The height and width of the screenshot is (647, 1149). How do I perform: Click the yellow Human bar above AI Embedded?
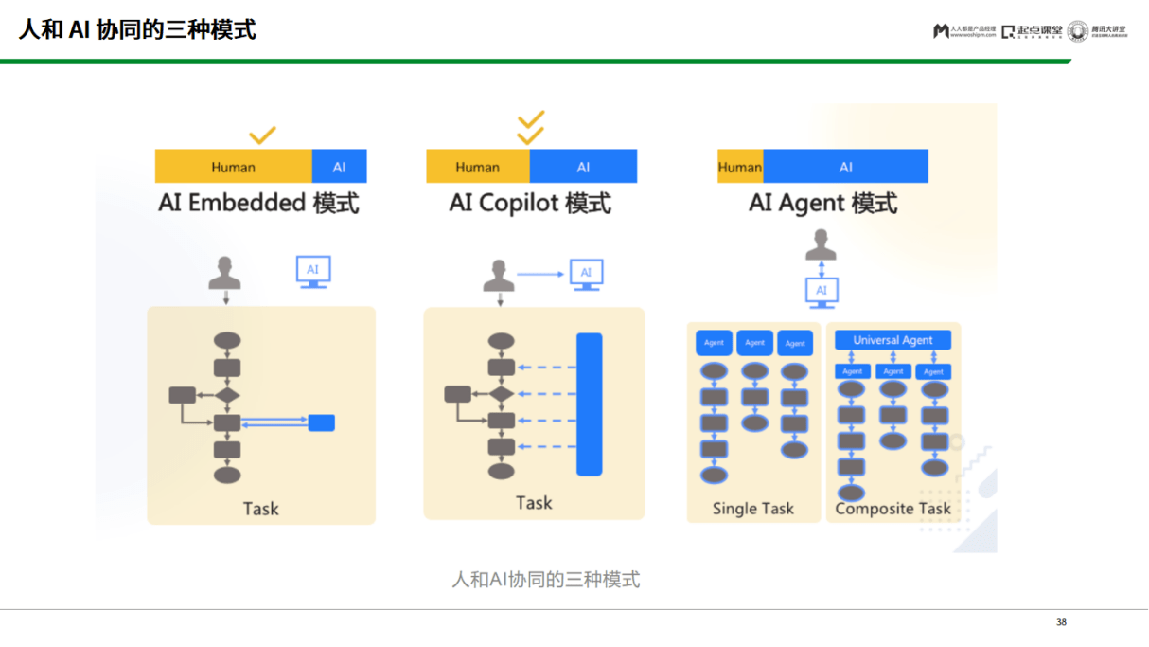[233, 167]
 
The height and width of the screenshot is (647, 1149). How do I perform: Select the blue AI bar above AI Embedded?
[339, 167]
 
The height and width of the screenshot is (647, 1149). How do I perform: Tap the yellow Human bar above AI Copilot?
[477, 167]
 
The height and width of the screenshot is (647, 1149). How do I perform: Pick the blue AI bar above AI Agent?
[845, 167]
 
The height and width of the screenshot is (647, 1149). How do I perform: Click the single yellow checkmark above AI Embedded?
[262, 135]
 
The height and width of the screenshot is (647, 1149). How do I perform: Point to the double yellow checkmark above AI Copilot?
[531, 127]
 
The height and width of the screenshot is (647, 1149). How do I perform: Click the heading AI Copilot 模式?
[530, 203]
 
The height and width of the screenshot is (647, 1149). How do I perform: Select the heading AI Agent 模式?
[822, 203]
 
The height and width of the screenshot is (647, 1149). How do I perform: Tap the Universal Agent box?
[893, 340]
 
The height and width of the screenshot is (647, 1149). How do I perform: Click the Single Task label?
[752, 509]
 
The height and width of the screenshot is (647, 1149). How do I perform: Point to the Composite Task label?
[893, 509]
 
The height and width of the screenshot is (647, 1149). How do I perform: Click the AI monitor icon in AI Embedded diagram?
[313, 271]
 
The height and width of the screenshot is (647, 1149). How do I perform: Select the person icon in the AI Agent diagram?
[821, 245]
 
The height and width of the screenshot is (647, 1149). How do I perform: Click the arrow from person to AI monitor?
[540, 275]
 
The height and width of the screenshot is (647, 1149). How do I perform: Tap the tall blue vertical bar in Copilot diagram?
[589, 404]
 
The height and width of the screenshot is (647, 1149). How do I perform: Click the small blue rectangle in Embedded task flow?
[322, 422]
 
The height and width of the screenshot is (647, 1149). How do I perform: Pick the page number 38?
[1061, 622]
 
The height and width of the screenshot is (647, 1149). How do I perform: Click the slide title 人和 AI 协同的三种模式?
[137, 29]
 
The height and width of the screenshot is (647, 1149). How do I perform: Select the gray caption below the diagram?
[546, 579]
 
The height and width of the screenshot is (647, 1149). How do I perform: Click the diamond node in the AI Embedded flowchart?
[227, 395]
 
